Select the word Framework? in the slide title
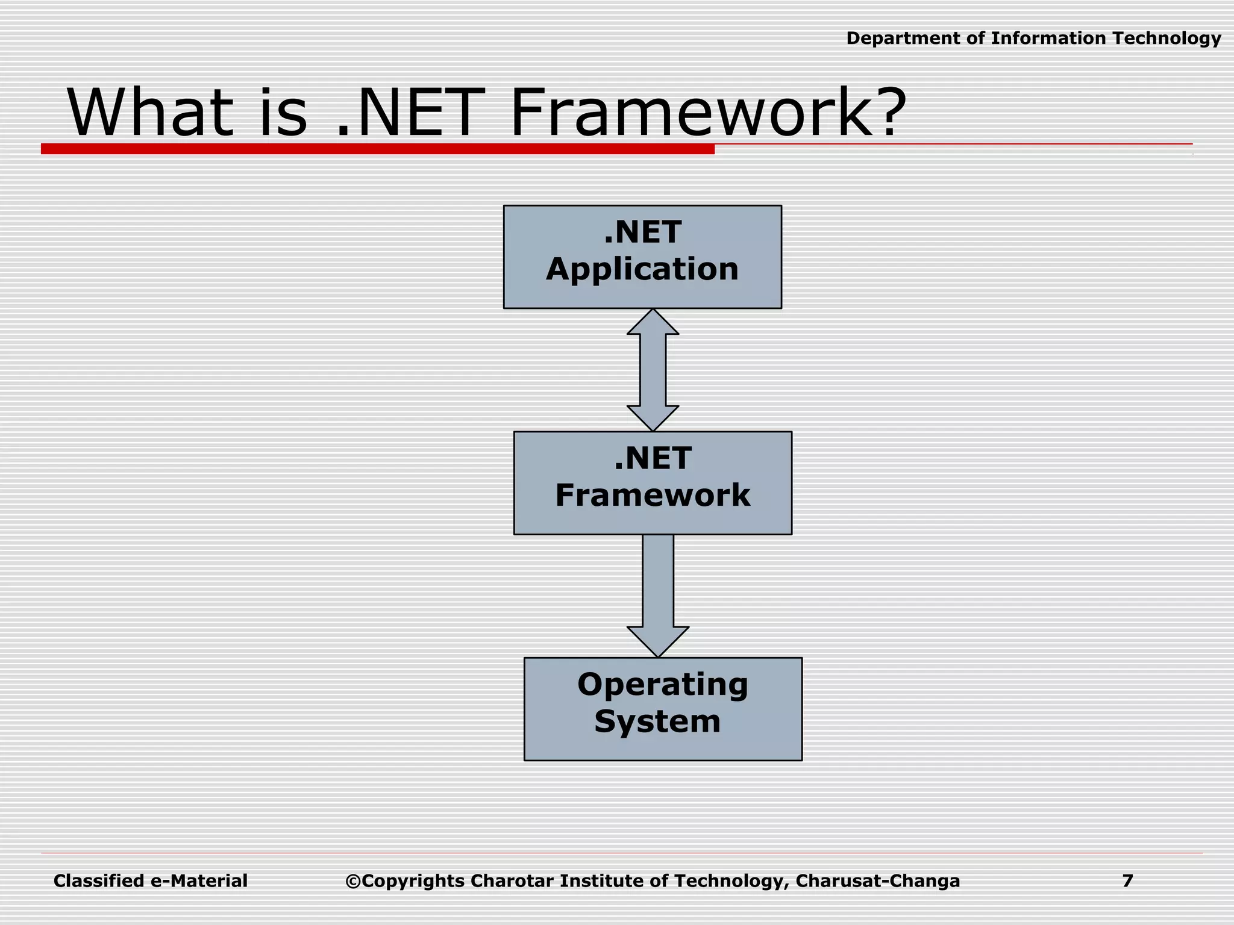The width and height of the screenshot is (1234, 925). coord(708,113)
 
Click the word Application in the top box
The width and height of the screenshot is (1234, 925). coord(642,269)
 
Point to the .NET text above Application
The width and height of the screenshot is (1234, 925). coord(642,232)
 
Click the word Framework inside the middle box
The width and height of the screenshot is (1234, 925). coord(653,496)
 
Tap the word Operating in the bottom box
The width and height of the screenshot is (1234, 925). coord(663,685)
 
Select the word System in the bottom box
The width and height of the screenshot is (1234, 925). coord(657,721)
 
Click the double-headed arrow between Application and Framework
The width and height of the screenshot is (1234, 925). coord(653,370)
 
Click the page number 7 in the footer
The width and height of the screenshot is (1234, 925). coord(1127,881)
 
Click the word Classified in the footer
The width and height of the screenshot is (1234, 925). coord(99,881)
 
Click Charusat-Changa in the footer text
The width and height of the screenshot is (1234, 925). coord(877,881)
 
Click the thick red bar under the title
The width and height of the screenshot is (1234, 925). coord(377,149)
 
